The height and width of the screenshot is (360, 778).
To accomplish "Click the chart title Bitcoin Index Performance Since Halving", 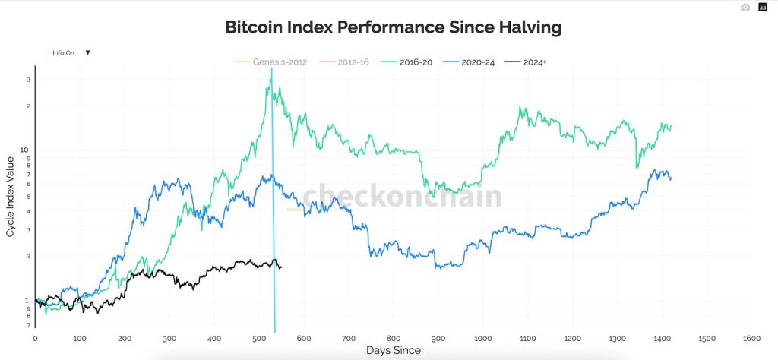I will point(393,28).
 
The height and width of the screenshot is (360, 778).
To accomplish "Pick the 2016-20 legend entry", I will point(410,62).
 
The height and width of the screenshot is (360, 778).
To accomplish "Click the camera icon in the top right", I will point(745,8).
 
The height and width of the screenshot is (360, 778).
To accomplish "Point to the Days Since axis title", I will point(393,350).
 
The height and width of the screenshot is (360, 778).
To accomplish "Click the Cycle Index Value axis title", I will point(10,196).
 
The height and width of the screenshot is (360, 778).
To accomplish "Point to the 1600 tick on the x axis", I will point(752,337).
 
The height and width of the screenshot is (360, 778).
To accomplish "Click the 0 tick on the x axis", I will point(35,337).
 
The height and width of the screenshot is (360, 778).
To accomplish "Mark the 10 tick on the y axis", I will point(25,150).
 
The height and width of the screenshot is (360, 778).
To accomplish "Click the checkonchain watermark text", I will point(402,196).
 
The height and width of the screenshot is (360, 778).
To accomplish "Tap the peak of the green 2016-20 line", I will point(270,80).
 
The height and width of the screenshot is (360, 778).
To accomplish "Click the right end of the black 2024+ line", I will point(281,267).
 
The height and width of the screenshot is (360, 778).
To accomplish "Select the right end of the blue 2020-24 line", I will point(672,177).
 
